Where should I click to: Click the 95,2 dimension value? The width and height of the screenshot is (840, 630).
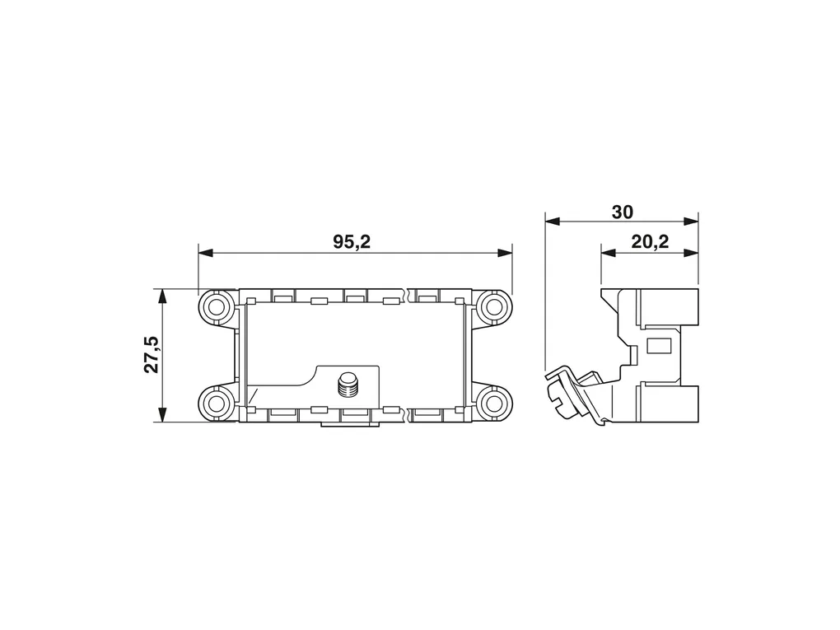352,242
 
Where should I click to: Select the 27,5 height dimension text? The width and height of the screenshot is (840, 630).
152,354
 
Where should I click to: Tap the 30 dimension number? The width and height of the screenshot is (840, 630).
622,212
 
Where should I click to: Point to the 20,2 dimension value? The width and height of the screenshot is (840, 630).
650,242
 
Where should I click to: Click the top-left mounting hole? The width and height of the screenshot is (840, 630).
217,307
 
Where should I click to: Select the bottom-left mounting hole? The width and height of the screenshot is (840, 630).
217,403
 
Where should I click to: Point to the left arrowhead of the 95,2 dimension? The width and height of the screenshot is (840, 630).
206,253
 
